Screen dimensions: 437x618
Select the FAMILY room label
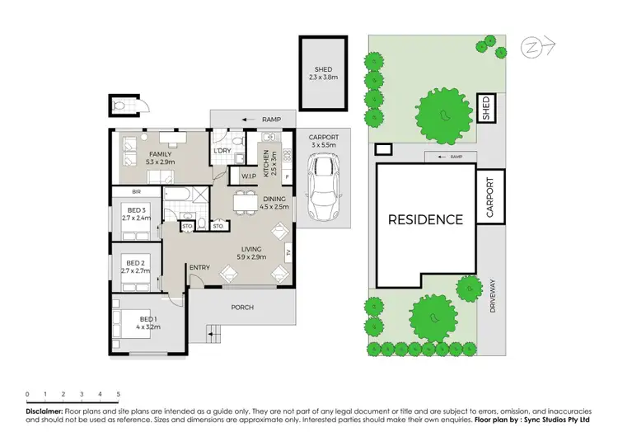click(160, 154)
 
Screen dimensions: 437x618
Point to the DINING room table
click(244, 200)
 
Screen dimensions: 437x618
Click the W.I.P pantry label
click(246, 176)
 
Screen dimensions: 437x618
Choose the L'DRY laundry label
click(222, 152)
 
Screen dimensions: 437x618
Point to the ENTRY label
click(199, 268)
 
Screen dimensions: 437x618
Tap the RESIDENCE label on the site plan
click(425, 219)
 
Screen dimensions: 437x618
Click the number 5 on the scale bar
click(119, 394)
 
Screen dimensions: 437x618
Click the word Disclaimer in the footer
click(44, 409)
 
